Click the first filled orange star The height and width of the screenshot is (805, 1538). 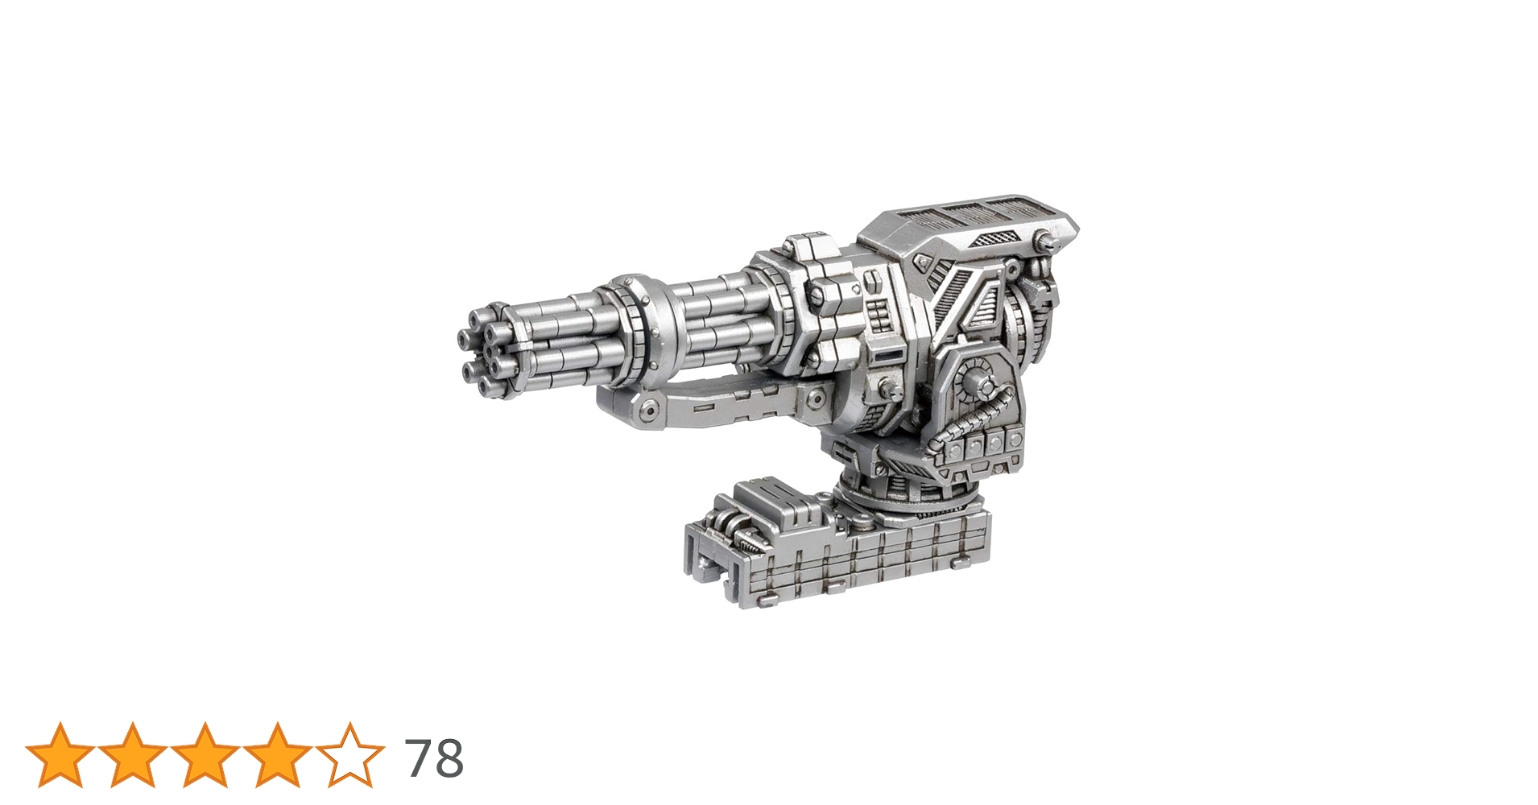coord(60,755)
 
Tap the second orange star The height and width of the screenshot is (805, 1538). coord(133,755)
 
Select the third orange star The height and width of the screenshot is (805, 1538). coord(205,755)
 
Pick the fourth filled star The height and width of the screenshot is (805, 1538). coord(278,755)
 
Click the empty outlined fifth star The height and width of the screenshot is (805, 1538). coord(350,755)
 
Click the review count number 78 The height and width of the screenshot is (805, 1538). coord(435,758)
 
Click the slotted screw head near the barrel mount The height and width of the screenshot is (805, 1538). coord(817,296)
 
